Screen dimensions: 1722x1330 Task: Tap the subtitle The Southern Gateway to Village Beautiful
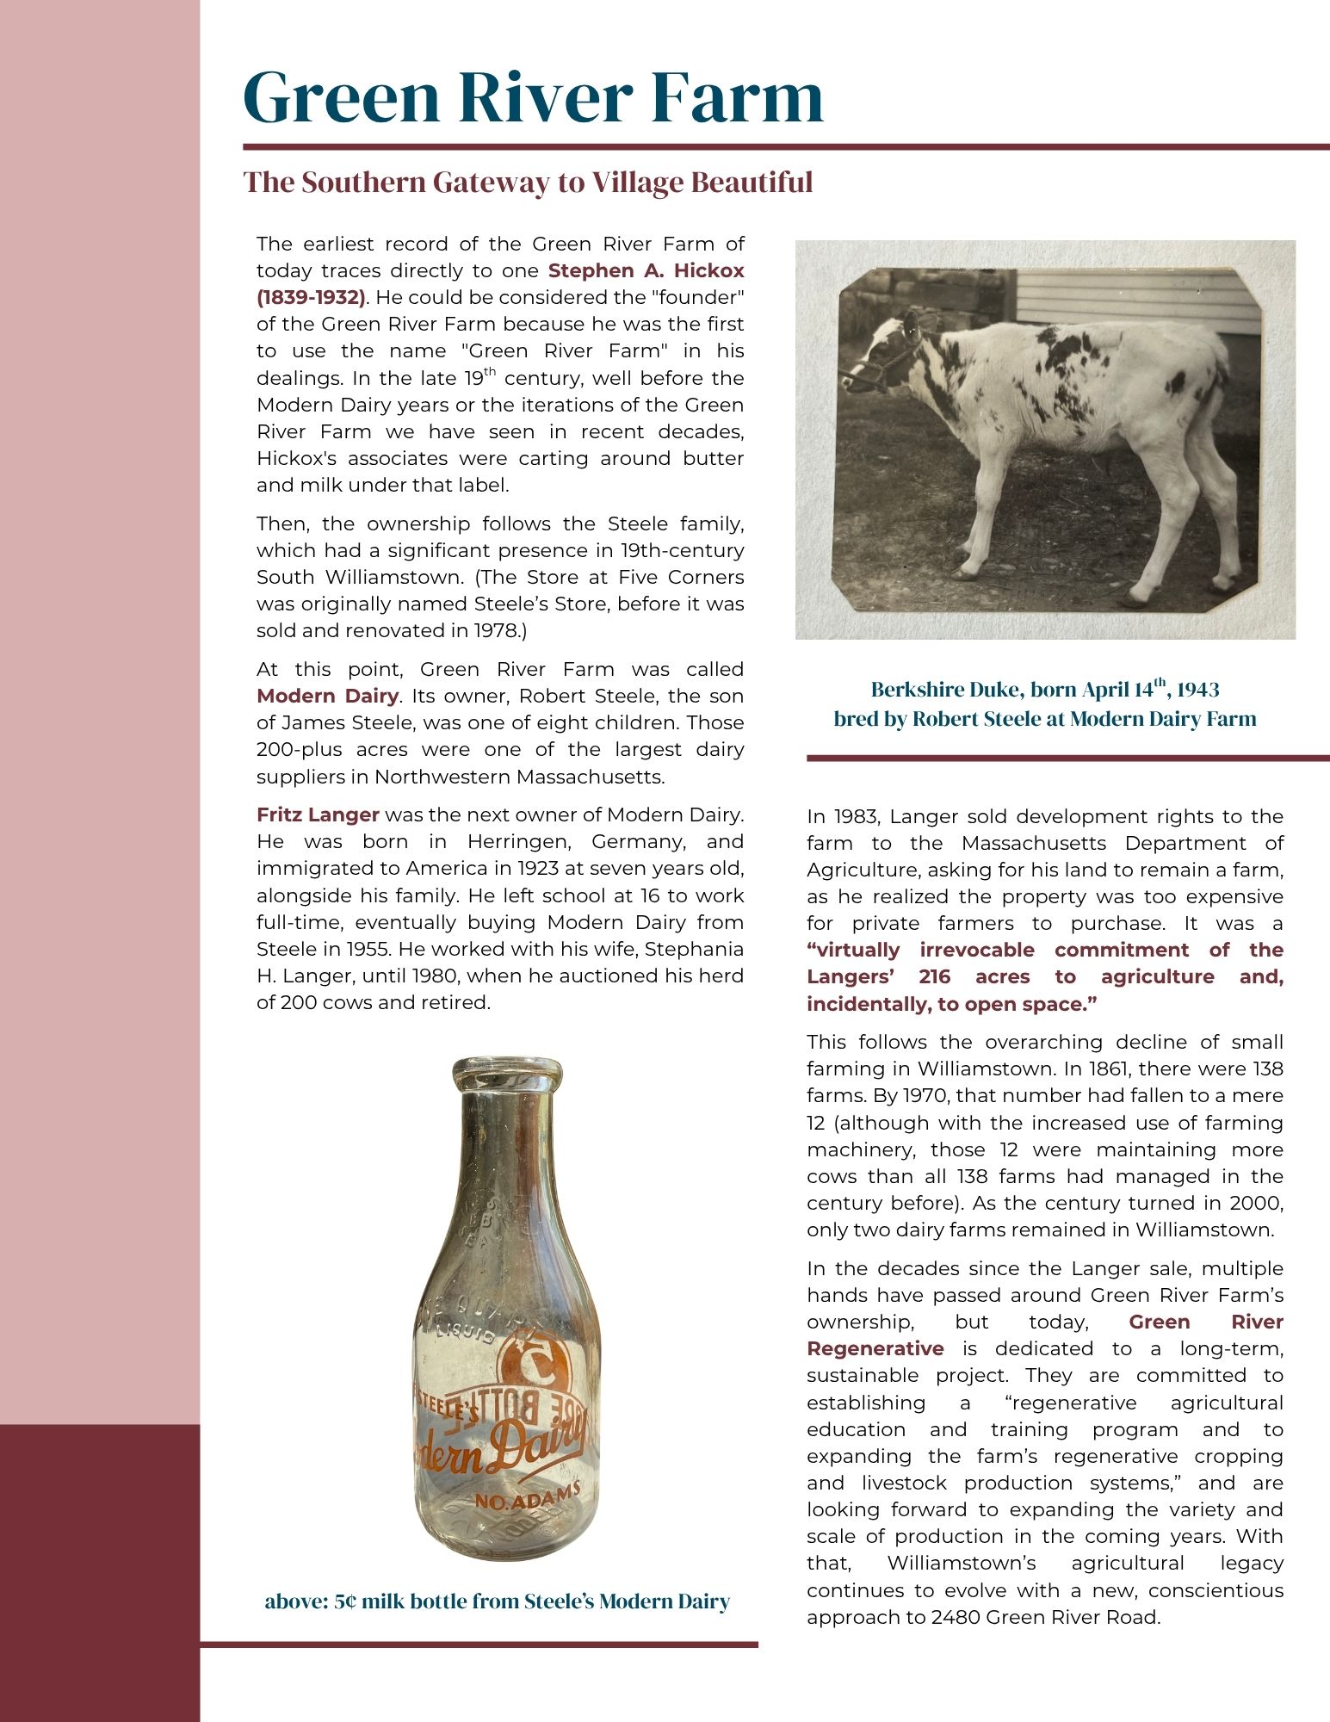tap(528, 183)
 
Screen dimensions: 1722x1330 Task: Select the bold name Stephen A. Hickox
tap(646, 270)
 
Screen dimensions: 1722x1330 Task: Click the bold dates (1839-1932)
tap(310, 297)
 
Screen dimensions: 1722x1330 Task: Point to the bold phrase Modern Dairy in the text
tap(327, 696)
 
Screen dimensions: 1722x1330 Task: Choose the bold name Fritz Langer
tap(318, 815)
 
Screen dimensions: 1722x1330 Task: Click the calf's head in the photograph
tap(887, 353)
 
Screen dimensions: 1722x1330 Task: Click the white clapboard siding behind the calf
tap(1136, 297)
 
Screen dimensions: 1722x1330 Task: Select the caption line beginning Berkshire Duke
tap(1044, 690)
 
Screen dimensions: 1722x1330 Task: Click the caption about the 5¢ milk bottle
tap(497, 1601)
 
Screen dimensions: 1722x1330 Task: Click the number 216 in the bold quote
tap(935, 976)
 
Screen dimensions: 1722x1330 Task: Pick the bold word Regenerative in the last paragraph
tap(875, 1348)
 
